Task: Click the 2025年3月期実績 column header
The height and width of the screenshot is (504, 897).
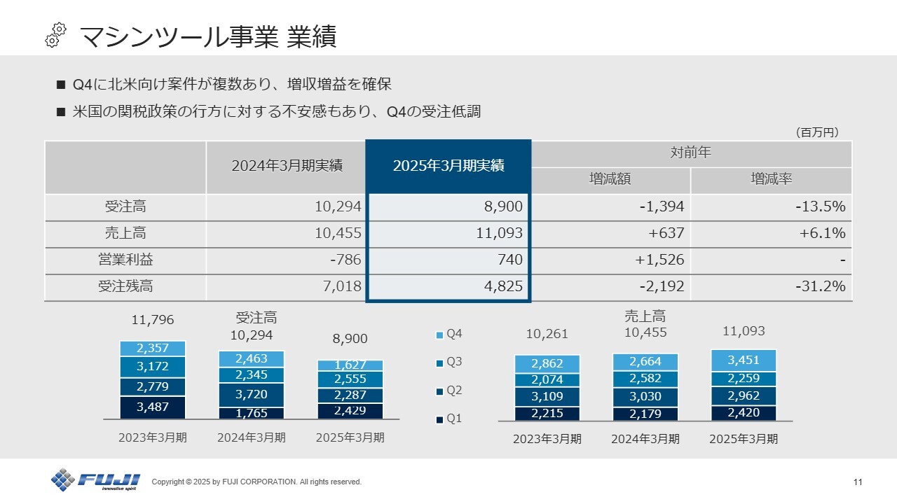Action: click(448, 166)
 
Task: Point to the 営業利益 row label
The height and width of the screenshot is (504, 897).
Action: click(125, 260)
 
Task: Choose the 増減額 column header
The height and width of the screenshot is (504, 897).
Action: click(610, 179)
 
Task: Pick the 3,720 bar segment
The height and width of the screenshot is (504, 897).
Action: click(251, 395)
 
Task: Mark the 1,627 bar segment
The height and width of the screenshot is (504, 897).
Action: click(350, 365)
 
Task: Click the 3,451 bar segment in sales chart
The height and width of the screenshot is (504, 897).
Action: click(744, 360)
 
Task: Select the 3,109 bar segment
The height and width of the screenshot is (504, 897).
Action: click(547, 396)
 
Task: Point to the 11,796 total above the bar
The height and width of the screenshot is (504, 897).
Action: click(153, 321)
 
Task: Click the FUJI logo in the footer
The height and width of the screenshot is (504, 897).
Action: click(95, 480)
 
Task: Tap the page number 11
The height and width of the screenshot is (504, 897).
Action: click(858, 482)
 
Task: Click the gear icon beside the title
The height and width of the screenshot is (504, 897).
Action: click(55, 35)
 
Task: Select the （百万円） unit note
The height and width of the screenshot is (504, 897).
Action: click(816, 132)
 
